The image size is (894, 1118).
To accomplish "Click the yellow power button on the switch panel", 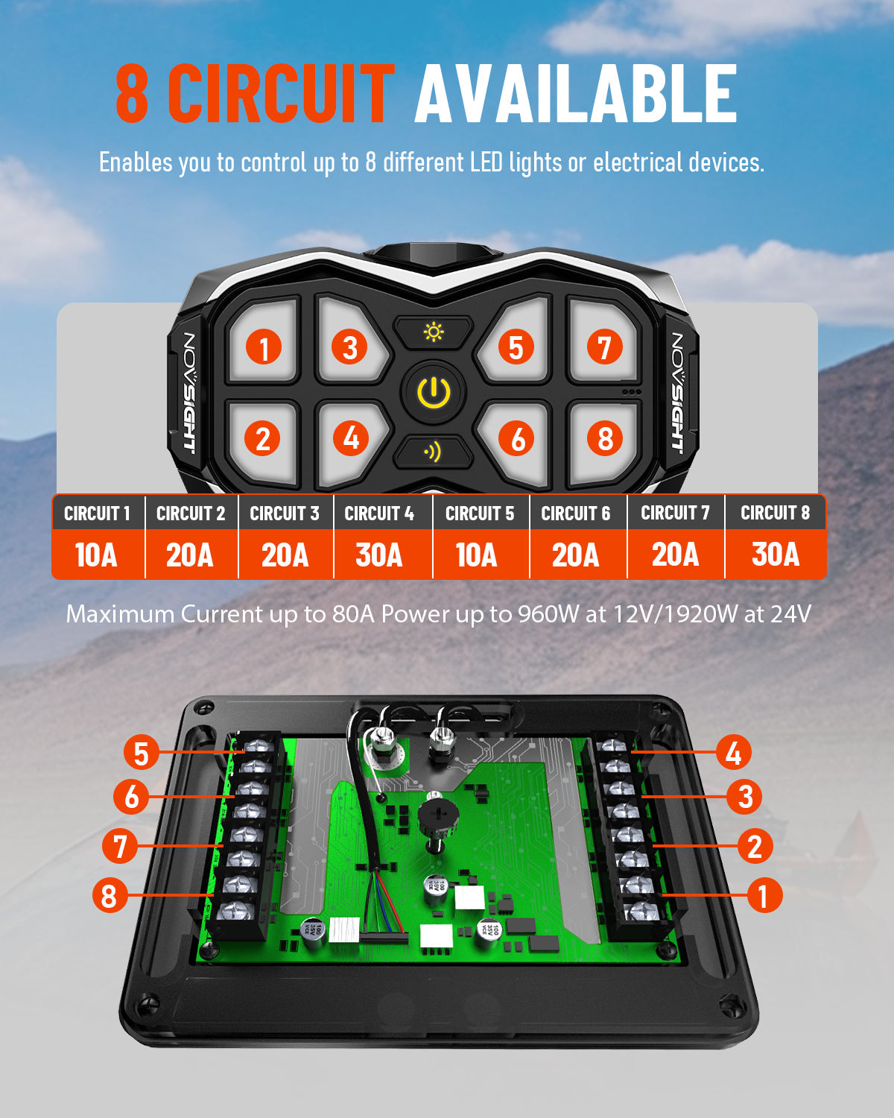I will click(434, 392).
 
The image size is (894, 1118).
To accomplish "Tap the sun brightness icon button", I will click(434, 332).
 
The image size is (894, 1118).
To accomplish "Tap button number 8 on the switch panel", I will click(605, 438).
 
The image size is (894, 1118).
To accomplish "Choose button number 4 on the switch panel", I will click(351, 438).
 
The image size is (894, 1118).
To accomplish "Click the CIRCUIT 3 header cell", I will click(285, 514).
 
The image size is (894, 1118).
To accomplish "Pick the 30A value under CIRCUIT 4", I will click(379, 555).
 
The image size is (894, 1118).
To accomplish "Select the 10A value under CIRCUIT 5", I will click(476, 555).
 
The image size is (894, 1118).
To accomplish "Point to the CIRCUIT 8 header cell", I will click(775, 513).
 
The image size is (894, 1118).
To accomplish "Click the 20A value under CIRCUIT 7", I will click(675, 555).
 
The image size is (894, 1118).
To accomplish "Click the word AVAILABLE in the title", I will click(575, 94).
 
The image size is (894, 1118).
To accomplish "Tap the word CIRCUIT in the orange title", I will click(281, 94).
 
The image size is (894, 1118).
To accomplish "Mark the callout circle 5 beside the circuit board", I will click(141, 753).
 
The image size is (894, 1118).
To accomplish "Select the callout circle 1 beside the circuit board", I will click(762, 895).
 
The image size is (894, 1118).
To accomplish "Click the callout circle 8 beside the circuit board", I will click(110, 895).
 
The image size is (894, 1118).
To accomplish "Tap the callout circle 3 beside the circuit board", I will click(745, 797).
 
